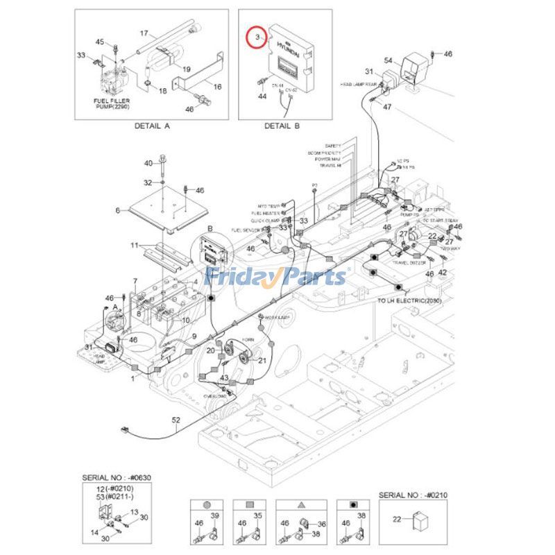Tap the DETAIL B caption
282,126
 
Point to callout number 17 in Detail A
144,33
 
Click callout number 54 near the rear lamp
388,62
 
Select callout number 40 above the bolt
148,163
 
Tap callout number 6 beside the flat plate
118,210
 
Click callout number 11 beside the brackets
135,246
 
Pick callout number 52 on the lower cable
176,420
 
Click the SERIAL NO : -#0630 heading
115,477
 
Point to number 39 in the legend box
214,515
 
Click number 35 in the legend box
257,515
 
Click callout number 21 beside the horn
262,361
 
